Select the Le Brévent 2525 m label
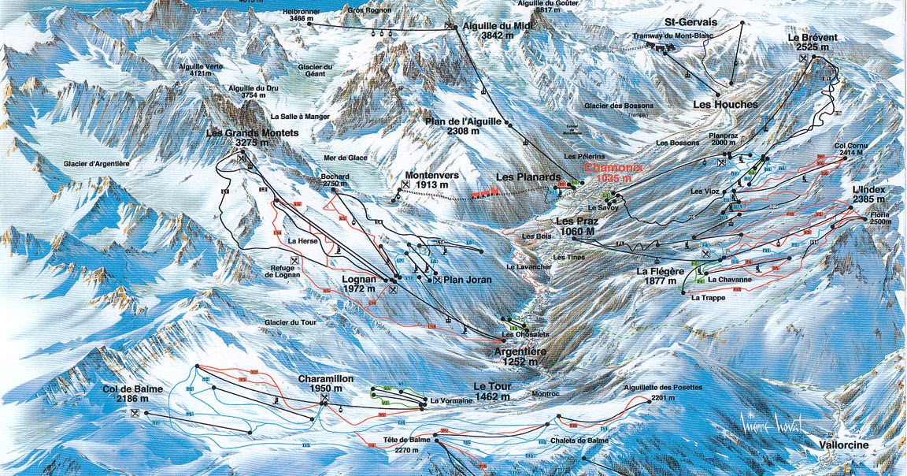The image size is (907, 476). [812, 43]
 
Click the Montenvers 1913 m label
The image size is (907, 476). [432, 180]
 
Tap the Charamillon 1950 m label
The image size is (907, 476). [326, 384]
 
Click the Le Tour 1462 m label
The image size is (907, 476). [493, 392]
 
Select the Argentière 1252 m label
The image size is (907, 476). [516, 356]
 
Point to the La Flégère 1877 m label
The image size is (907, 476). [661, 275]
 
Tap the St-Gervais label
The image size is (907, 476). [690, 22]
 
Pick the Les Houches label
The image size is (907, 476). [725, 104]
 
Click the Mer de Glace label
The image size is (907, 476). [345, 158]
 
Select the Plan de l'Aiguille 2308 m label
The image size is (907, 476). [462, 126]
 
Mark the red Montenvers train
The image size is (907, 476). [484, 192]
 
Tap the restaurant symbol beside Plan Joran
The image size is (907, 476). [437, 280]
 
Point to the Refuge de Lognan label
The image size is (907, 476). [293, 272]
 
